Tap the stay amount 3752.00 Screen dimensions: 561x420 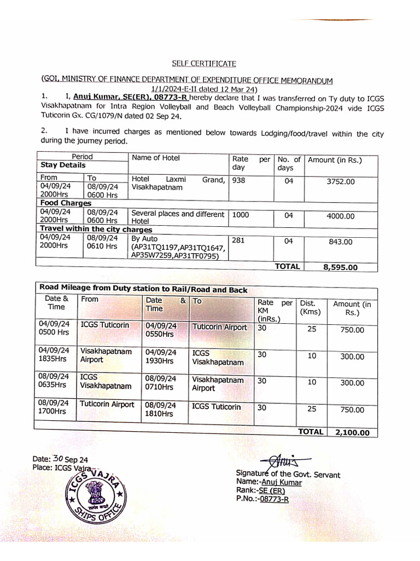pos(340,182)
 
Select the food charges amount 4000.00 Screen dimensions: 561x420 pos(340,216)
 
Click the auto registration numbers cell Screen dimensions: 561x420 pos(178,247)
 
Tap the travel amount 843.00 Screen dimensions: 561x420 pos(340,242)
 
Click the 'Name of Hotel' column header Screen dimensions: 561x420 pos(156,158)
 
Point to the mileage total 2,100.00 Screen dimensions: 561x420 pos(350,433)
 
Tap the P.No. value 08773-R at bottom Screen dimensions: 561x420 pos(275,499)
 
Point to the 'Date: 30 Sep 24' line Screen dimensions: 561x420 pos(61,460)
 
